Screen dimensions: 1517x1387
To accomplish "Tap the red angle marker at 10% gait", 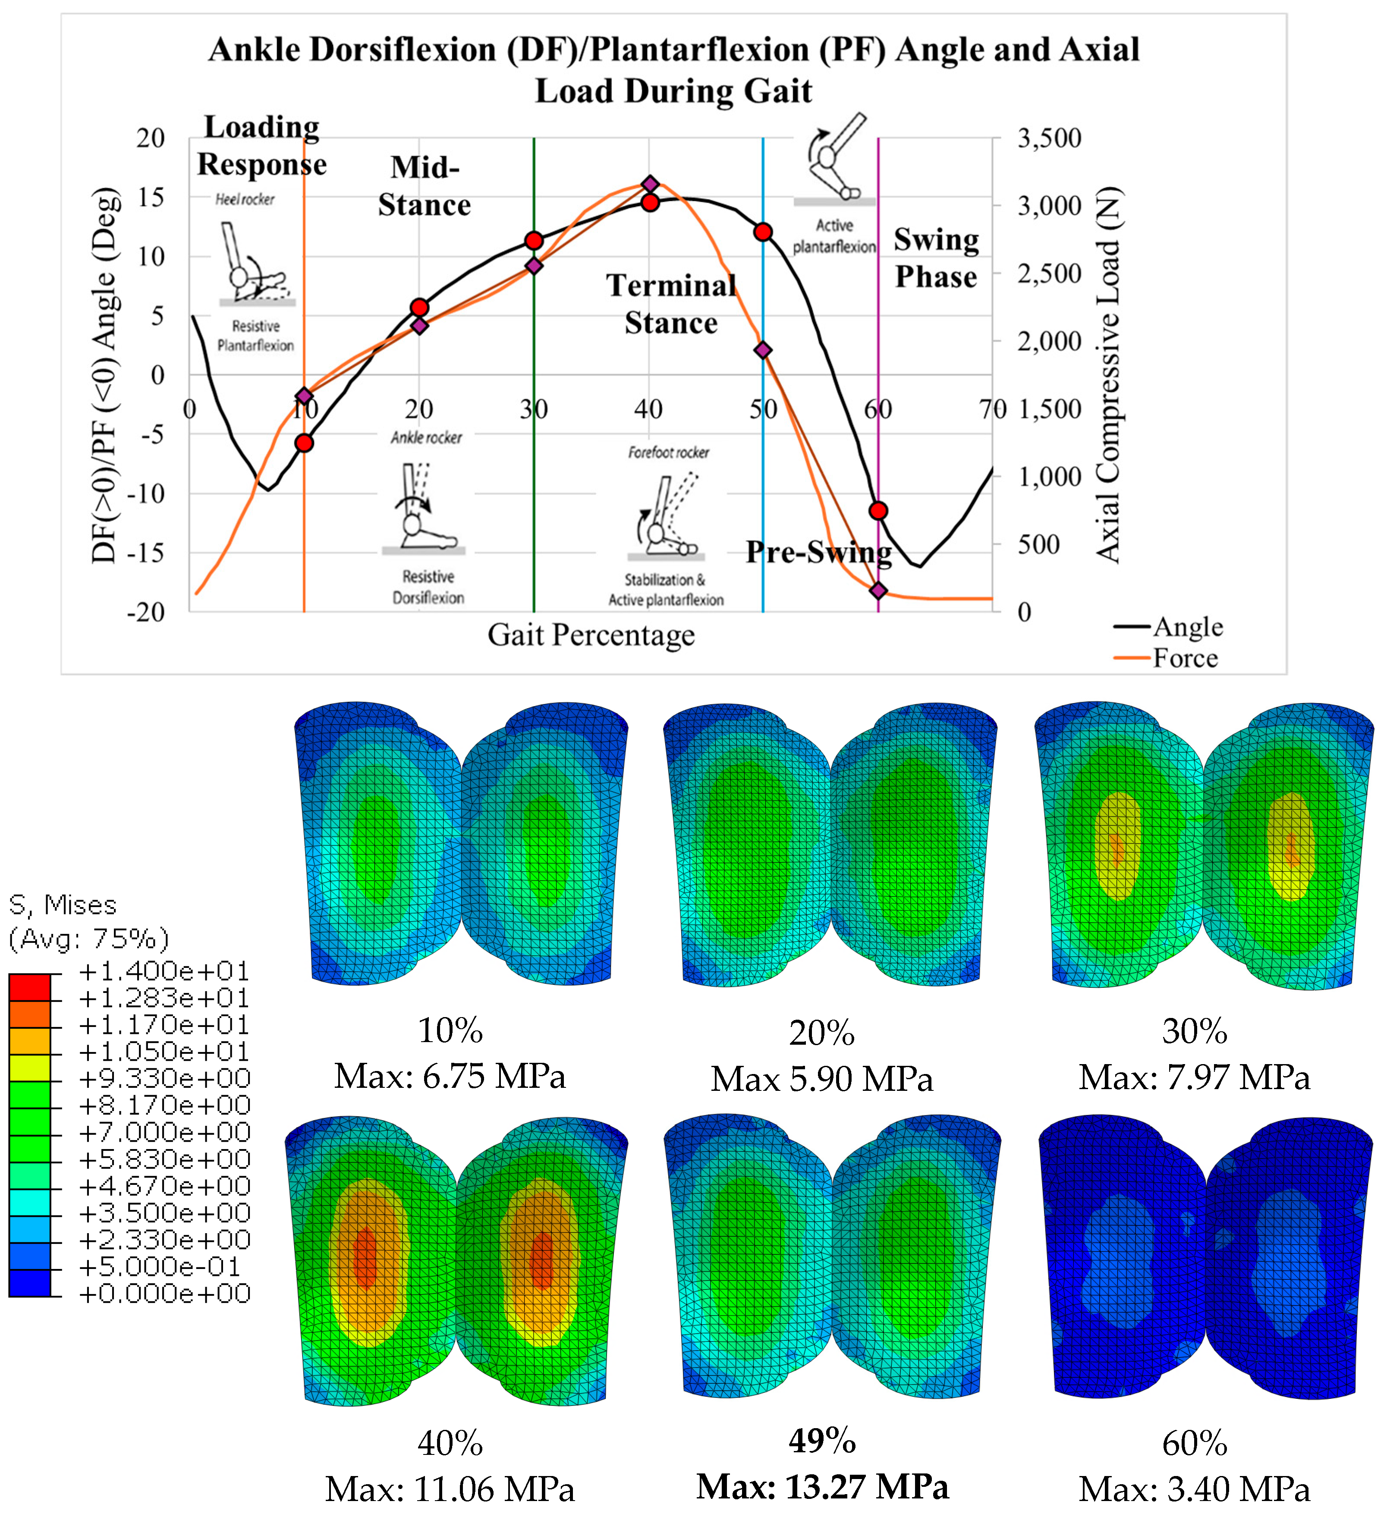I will (304, 443).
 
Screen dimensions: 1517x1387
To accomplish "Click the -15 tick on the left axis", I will (145, 553).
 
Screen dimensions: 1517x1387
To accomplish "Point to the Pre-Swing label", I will (819, 552).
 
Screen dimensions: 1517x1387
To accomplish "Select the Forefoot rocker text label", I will (668, 452).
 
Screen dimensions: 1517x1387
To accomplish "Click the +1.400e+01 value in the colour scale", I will (164, 971).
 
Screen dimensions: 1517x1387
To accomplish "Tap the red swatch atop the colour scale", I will (30, 986).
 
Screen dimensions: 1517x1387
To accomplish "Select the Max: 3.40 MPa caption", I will (1194, 1489).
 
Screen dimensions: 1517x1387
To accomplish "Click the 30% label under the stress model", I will (1194, 1032).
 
